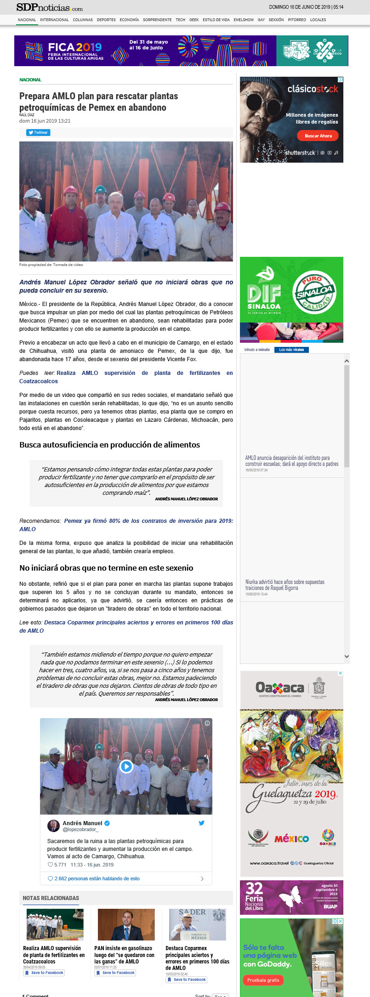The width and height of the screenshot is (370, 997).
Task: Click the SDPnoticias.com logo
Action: click(50, 7)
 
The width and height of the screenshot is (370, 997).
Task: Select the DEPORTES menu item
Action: click(106, 20)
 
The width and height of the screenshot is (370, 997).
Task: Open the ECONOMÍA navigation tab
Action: click(129, 20)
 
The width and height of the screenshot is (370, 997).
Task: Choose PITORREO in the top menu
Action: click(297, 20)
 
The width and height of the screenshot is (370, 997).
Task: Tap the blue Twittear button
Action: click(38, 132)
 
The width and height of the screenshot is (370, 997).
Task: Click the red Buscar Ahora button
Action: click(318, 136)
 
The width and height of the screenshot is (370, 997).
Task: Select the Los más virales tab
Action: click(291, 350)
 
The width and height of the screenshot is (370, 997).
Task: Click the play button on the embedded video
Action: click(126, 766)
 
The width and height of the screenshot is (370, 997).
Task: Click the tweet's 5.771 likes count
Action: click(57, 865)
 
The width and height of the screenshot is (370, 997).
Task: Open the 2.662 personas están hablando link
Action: click(97, 878)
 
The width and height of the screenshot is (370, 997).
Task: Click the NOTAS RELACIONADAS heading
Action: click(51, 898)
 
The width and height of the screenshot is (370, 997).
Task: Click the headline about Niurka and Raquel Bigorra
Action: click(285, 585)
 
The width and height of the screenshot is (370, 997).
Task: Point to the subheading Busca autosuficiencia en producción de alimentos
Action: click(109, 445)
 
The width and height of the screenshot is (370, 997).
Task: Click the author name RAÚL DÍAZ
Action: click(27, 115)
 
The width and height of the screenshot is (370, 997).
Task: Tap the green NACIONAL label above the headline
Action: click(30, 80)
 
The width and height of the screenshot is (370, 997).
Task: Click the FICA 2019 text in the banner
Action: click(75, 47)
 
